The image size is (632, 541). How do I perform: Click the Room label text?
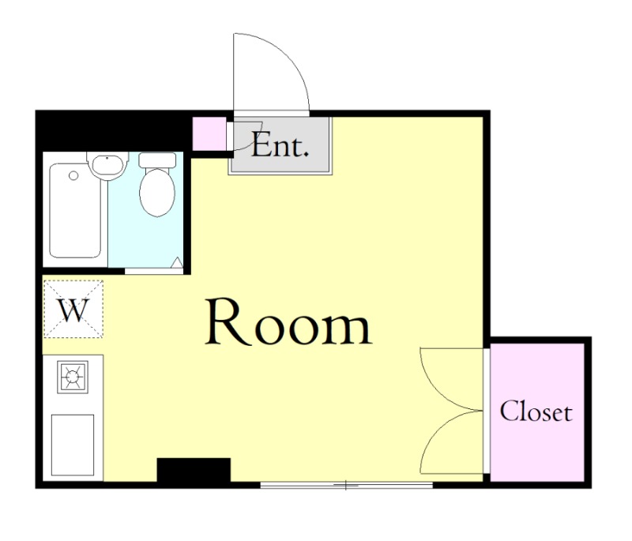tap(288, 322)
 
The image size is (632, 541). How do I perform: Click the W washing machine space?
tap(73, 309)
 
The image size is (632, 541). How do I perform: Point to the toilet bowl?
tap(157, 193)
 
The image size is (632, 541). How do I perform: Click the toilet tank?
tap(157, 160)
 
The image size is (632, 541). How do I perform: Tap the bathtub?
tap(75, 210)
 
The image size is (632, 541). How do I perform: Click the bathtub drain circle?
tap(73, 175)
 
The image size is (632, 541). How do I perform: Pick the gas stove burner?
tap(73, 377)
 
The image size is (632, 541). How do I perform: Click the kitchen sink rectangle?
tap(73, 445)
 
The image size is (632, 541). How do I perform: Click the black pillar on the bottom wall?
tap(194, 470)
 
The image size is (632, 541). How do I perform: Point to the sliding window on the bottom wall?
tap(347, 486)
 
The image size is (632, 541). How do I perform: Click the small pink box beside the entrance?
tap(209, 133)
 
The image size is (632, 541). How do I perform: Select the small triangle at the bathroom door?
tap(177, 263)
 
